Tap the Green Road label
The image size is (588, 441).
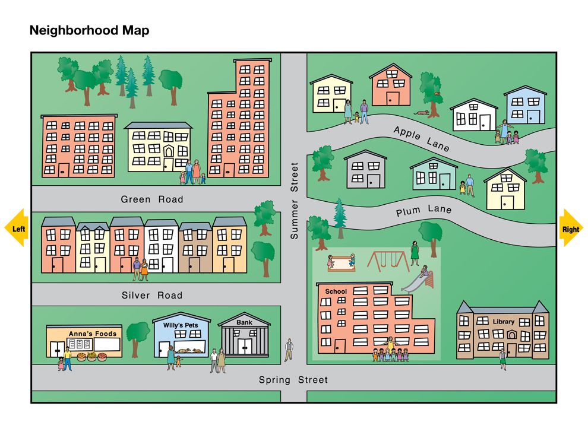coord(152,199)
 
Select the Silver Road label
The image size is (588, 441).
coord(152,295)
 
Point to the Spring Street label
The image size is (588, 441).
coord(293,380)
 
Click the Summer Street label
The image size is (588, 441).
coord(294,201)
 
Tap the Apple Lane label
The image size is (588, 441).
coord(421,138)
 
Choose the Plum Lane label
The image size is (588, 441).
coord(424,210)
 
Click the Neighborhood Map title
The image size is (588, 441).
coord(89,30)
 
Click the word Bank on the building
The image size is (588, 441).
coord(244,322)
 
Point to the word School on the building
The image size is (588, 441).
coord(336,291)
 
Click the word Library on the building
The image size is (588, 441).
coord(503,322)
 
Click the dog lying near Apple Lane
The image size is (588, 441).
coord(422,112)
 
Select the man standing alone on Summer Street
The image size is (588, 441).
coord(289,349)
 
